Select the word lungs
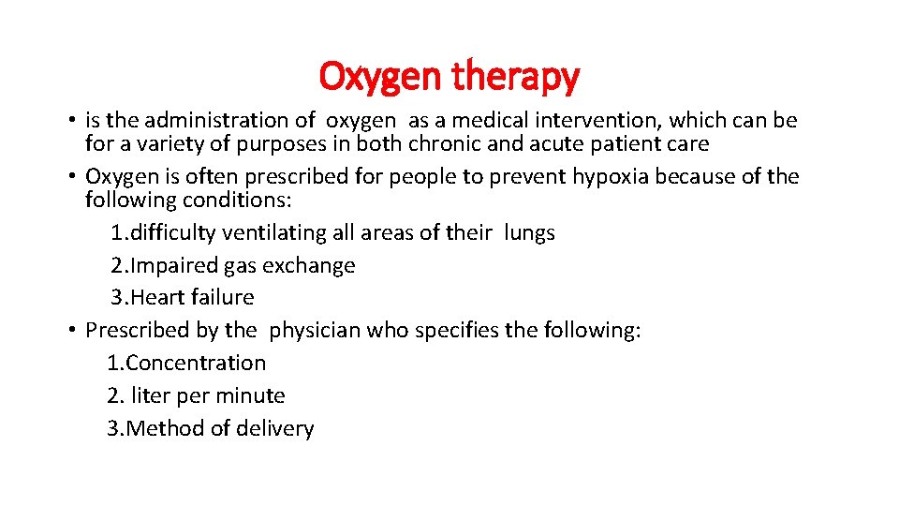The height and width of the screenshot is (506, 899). [x=529, y=232]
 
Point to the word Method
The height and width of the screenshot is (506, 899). [x=157, y=429]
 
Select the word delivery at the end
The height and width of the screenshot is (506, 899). [x=276, y=429]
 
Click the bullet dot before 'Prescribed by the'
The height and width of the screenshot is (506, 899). [x=71, y=331]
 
